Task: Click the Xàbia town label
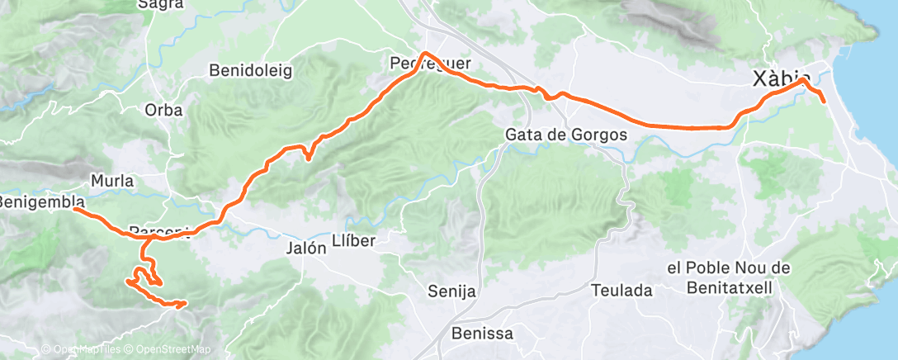point(781,78)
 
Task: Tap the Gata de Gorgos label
point(565,135)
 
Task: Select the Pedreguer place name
point(430,64)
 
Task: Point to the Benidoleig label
point(251,71)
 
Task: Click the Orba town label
point(163,109)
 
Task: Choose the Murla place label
point(112,180)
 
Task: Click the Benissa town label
point(483,334)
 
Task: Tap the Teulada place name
point(622,290)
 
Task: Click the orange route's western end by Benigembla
point(75,209)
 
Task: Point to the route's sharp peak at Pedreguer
point(423,54)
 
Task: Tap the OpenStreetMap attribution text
point(169,349)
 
